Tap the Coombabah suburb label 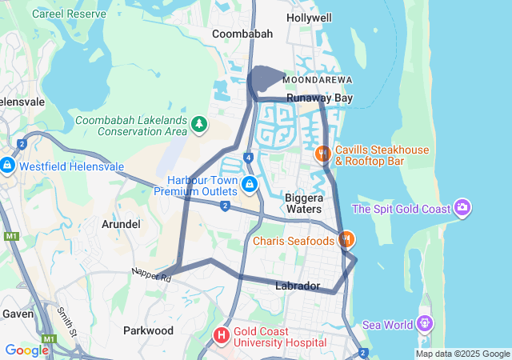coord(242,34)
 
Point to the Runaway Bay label coord(320,98)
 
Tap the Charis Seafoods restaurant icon coord(346,239)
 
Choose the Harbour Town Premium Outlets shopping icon coord(250,186)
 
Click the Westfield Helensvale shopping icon coord(7,166)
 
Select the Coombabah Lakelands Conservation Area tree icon coord(198,125)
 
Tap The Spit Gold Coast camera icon coord(462,209)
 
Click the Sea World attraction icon coord(424,324)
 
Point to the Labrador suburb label coord(298,286)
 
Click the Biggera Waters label coord(303,203)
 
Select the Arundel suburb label coord(122,225)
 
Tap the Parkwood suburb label coord(148,330)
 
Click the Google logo coord(26,350)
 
